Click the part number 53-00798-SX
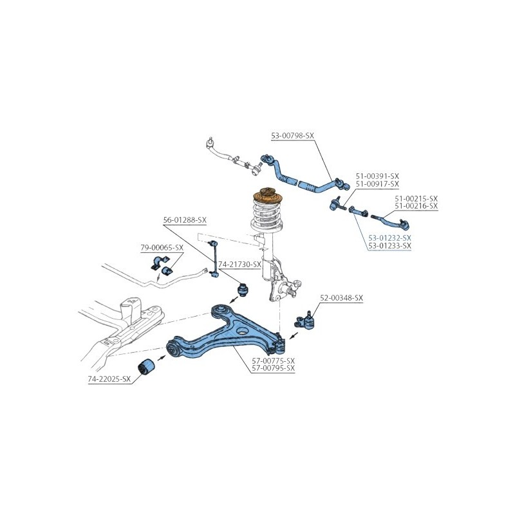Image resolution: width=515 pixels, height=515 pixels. click(x=292, y=135)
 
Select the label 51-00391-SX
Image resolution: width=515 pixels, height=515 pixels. click(x=377, y=176)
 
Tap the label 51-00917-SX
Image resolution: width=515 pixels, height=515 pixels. click(x=377, y=184)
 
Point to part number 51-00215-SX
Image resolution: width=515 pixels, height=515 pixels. click(x=416, y=199)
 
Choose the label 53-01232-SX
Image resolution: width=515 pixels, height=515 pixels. click(x=389, y=238)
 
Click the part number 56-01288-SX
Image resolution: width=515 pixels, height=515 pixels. click(x=185, y=220)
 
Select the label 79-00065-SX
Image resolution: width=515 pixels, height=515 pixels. click(x=162, y=248)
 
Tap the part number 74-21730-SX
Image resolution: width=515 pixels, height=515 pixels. click(x=239, y=265)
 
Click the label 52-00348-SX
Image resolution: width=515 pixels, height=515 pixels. click(x=342, y=298)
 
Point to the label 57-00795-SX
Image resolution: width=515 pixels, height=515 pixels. click(x=273, y=368)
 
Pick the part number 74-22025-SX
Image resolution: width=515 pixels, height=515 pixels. click(x=109, y=379)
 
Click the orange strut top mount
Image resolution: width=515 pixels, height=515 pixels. click(x=268, y=196)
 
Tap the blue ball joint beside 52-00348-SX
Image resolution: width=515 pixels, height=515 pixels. click(x=304, y=321)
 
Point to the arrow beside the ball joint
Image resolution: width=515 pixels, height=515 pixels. click(x=294, y=336)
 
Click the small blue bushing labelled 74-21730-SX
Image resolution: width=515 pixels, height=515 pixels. click(x=243, y=289)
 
